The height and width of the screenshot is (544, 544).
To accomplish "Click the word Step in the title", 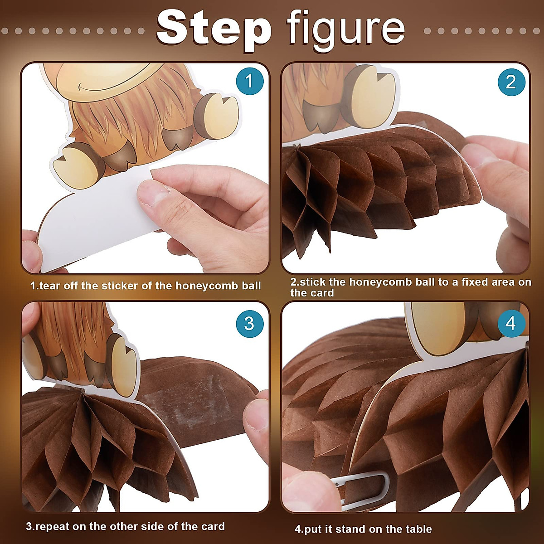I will [213, 28].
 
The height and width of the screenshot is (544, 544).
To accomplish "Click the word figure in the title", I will [345, 28].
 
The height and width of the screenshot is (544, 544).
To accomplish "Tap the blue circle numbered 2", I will [511, 82].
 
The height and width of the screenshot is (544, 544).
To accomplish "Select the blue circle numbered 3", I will [249, 324].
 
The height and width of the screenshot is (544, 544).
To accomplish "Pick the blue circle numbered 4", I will [511, 324].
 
